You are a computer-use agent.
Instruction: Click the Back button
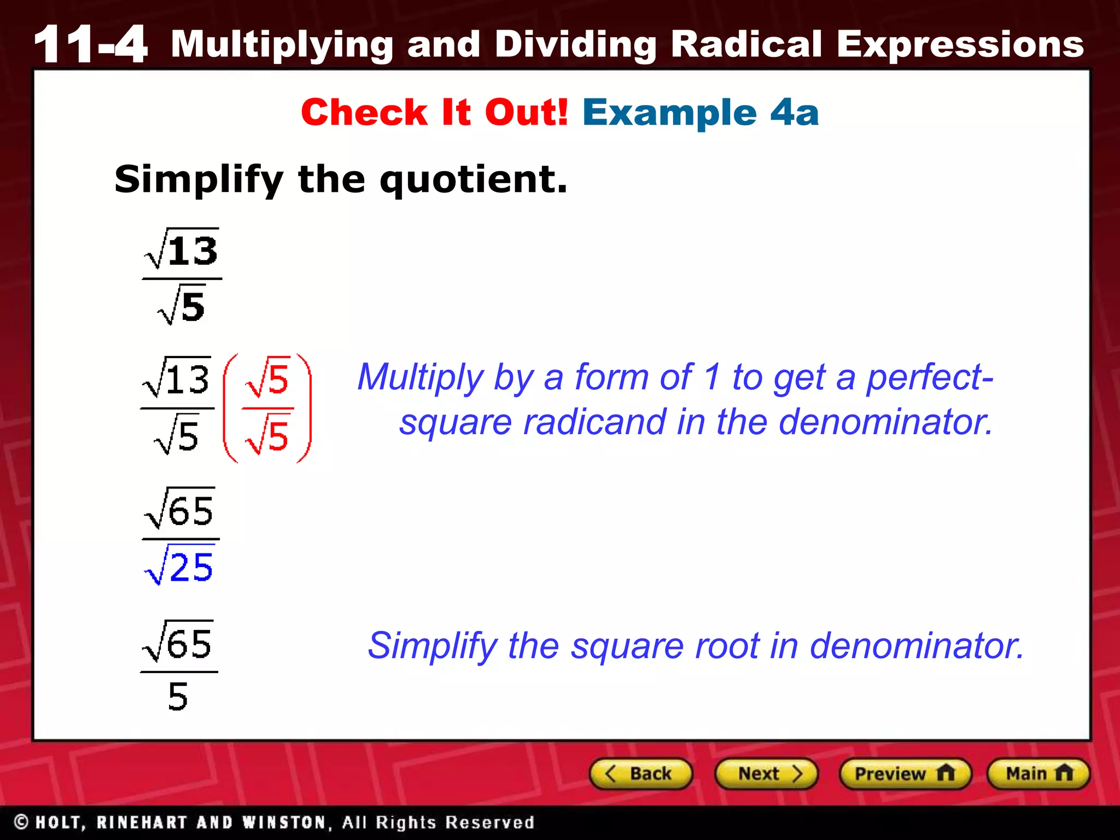coord(641,774)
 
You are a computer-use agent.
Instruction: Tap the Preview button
coord(905,774)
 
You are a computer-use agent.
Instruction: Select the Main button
coord(1038,774)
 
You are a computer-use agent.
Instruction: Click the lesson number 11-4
coord(90,44)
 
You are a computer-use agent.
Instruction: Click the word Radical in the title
coord(746,44)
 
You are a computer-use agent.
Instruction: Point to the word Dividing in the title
coord(575,44)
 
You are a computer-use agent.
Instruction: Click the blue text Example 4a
coord(701,113)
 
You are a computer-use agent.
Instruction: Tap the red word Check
coord(364,113)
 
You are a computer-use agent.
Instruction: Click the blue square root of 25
coord(179,565)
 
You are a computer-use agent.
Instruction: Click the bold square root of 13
coord(182,250)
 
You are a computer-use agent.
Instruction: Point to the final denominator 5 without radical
coord(178,697)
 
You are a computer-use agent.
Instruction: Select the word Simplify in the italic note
coord(432,646)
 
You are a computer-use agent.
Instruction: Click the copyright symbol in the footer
coord(21,822)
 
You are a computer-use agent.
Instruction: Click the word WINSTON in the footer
coord(284,822)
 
